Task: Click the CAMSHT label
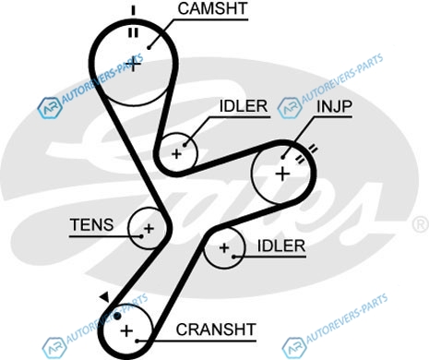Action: point(212,8)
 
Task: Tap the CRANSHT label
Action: point(216,330)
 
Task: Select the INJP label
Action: point(334,106)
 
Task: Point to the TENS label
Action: point(91,224)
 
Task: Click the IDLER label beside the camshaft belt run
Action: point(244,106)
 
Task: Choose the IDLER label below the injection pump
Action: point(281,246)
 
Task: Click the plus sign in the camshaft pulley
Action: point(133,65)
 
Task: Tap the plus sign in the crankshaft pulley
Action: point(126,330)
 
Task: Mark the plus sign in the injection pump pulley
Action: point(282,174)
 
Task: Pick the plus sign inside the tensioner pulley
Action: point(149,229)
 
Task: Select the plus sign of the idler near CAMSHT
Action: point(176,154)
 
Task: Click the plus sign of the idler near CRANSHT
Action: point(224,247)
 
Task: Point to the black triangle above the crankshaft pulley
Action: point(105,297)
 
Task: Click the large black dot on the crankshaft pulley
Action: point(117,316)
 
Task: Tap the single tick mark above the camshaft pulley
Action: point(133,10)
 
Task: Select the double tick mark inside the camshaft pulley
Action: point(133,32)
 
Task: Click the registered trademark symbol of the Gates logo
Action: point(421,224)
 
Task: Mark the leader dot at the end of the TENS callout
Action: point(141,236)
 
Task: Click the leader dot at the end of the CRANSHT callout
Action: point(137,341)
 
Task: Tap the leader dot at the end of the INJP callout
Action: point(283,158)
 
